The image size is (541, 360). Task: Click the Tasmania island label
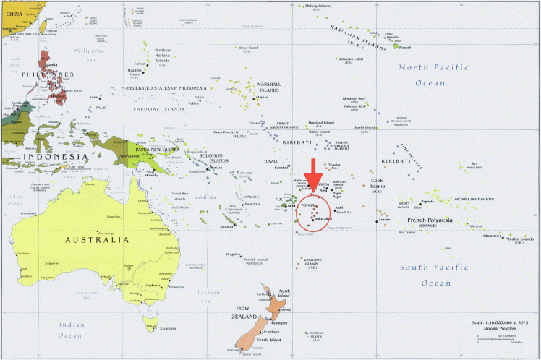(167, 329)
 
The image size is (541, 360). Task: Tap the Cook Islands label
(378, 186)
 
